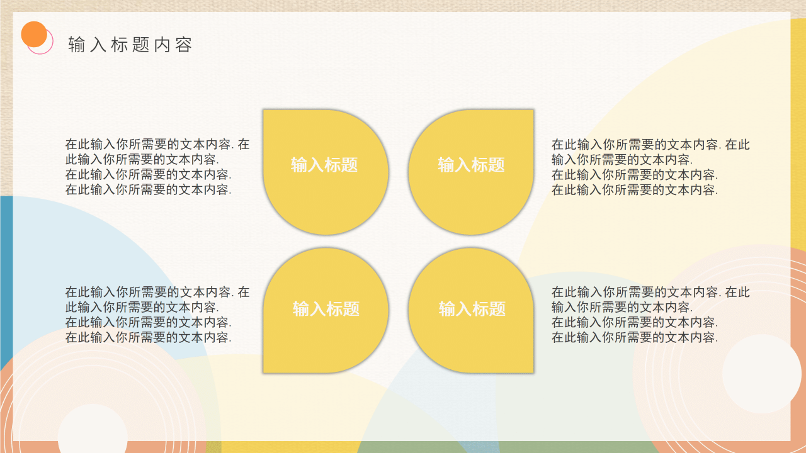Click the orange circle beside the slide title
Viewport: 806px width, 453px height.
[x=34, y=35]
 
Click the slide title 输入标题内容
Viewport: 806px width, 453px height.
[x=130, y=45]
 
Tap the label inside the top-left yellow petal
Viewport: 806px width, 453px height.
[x=324, y=165]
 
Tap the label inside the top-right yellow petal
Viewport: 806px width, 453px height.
[x=472, y=165]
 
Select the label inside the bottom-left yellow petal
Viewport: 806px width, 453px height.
[x=326, y=309]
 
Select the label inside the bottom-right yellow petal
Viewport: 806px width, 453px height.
[x=472, y=309]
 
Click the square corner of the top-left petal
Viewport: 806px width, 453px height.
[x=267, y=114]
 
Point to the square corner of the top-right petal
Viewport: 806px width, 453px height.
[x=530, y=114]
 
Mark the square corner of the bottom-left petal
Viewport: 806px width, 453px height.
[x=267, y=369]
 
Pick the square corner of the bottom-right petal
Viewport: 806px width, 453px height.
[x=530, y=369]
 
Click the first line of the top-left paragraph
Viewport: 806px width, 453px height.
[x=157, y=144]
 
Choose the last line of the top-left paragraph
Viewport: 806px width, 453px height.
[x=149, y=189]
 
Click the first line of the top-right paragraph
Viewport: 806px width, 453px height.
[x=650, y=144]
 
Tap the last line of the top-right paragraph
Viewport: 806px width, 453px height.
[x=635, y=189]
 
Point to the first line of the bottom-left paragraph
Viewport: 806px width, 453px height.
[x=157, y=292]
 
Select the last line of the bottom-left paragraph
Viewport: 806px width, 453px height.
[x=149, y=337]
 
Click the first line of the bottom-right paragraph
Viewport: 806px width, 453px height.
[x=650, y=292]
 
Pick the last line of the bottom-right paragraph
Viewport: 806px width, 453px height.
[x=635, y=337]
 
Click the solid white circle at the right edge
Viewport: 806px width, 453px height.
[x=761, y=374]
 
